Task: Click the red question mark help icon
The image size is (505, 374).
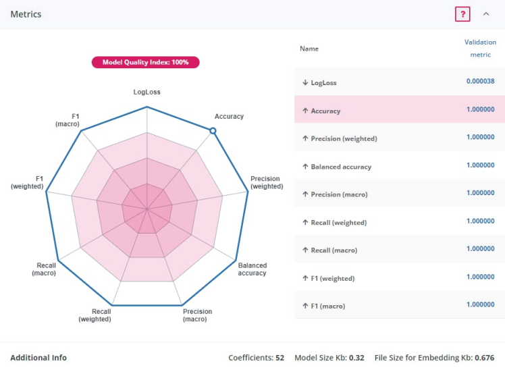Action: (x=462, y=14)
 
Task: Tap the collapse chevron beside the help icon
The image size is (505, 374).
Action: (x=486, y=14)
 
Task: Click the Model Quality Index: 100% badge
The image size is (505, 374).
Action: (x=146, y=62)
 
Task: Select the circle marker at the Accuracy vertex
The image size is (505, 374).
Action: (x=213, y=131)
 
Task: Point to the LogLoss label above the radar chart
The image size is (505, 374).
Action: (x=147, y=92)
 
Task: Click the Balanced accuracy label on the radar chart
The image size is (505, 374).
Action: (x=252, y=269)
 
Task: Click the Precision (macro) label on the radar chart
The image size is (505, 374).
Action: (x=197, y=315)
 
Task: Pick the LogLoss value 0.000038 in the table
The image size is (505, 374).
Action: (x=480, y=82)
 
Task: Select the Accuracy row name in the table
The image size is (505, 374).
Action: (x=325, y=111)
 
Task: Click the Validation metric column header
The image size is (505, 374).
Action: (x=480, y=49)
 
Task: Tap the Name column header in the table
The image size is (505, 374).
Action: (x=309, y=49)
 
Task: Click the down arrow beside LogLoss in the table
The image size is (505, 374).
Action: (x=305, y=82)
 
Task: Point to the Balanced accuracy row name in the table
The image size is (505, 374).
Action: (x=341, y=167)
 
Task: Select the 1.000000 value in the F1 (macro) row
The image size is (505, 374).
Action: (x=480, y=305)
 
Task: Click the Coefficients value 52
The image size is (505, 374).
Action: (x=280, y=358)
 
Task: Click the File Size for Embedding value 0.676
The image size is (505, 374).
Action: (x=484, y=358)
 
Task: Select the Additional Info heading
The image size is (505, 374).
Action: (x=38, y=358)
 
